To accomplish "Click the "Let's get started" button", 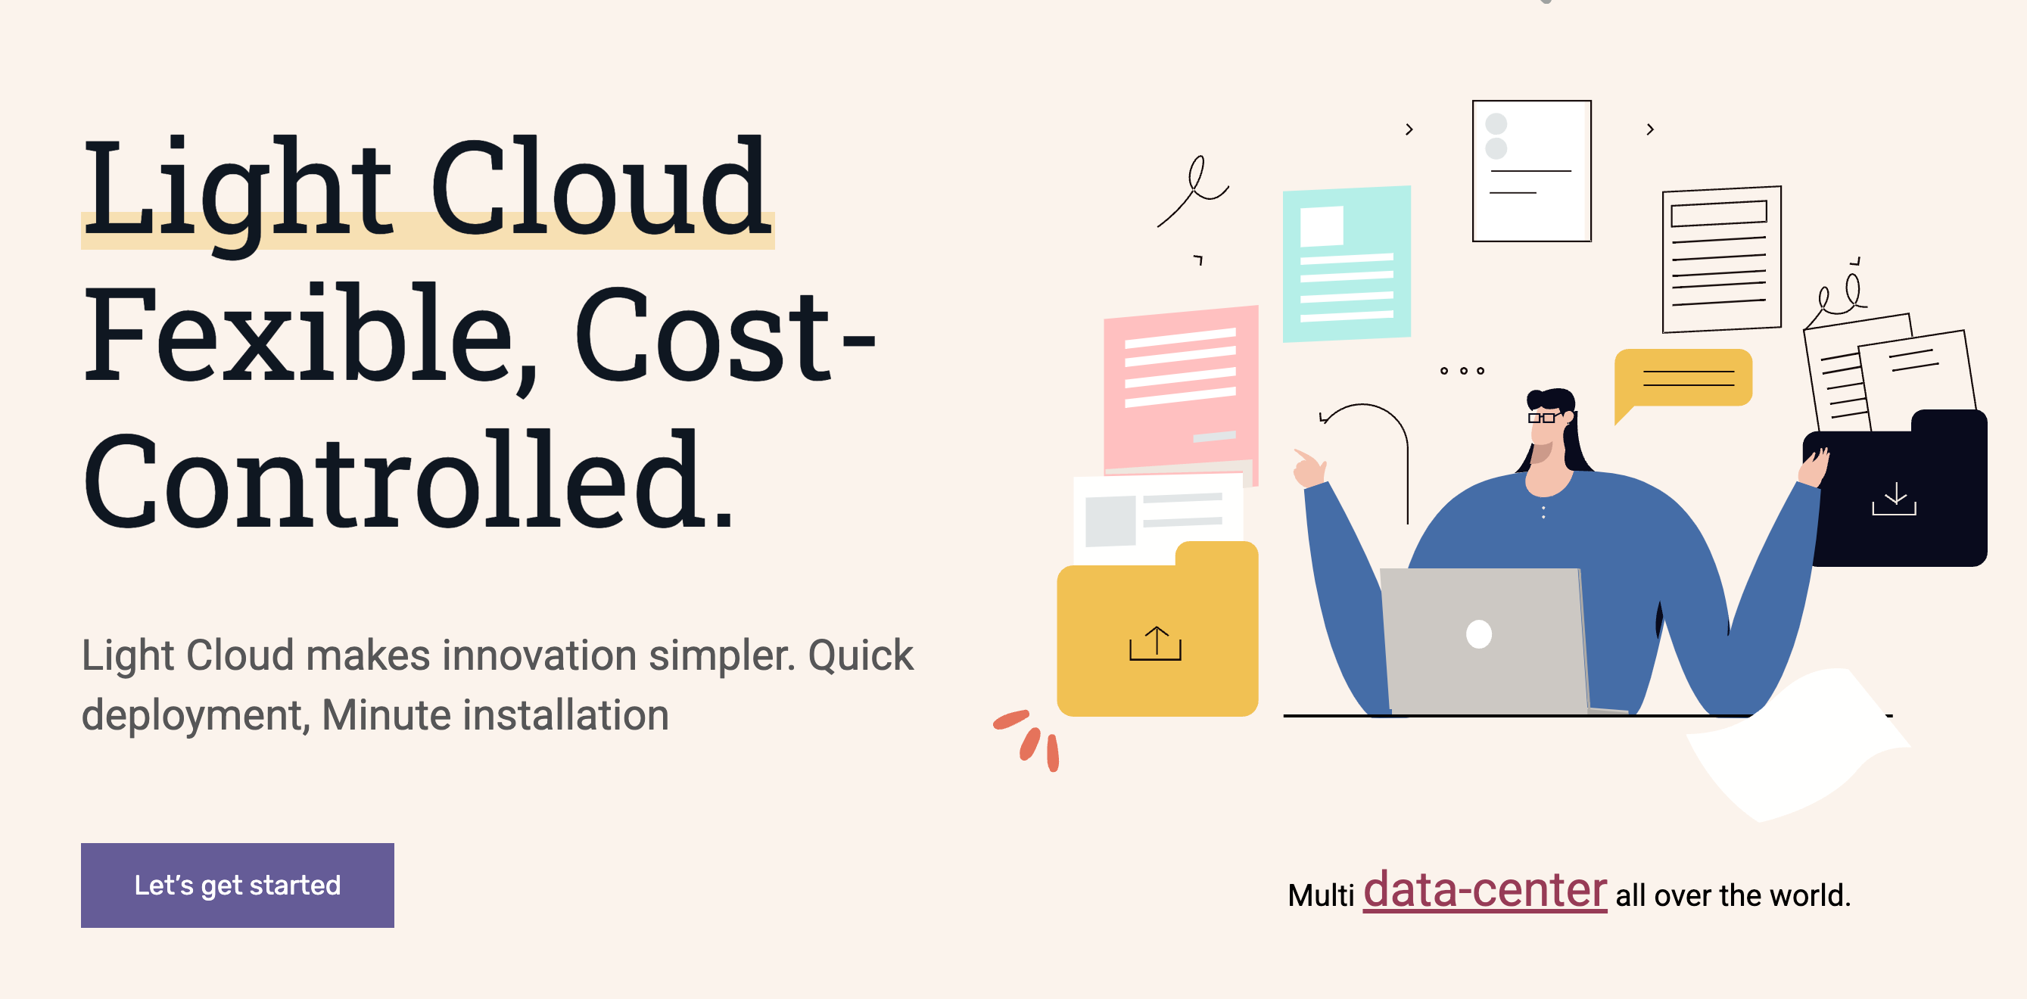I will (x=237, y=885).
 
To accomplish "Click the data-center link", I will (x=1484, y=891).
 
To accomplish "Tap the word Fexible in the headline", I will (x=299, y=337).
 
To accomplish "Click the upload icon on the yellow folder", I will (x=1155, y=643).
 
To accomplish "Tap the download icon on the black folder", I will (x=1894, y=499).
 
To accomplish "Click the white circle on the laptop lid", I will (x=1478, y=634).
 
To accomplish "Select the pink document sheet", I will (x=1180, y=385).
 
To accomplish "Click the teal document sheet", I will (x=1347, y=263).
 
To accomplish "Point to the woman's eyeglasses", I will (x=1543, y=417).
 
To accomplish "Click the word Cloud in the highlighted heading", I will (x=601, y=188).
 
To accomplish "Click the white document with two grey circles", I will (x=1531, y=171).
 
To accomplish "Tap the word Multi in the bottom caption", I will (x=1320, y=895).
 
